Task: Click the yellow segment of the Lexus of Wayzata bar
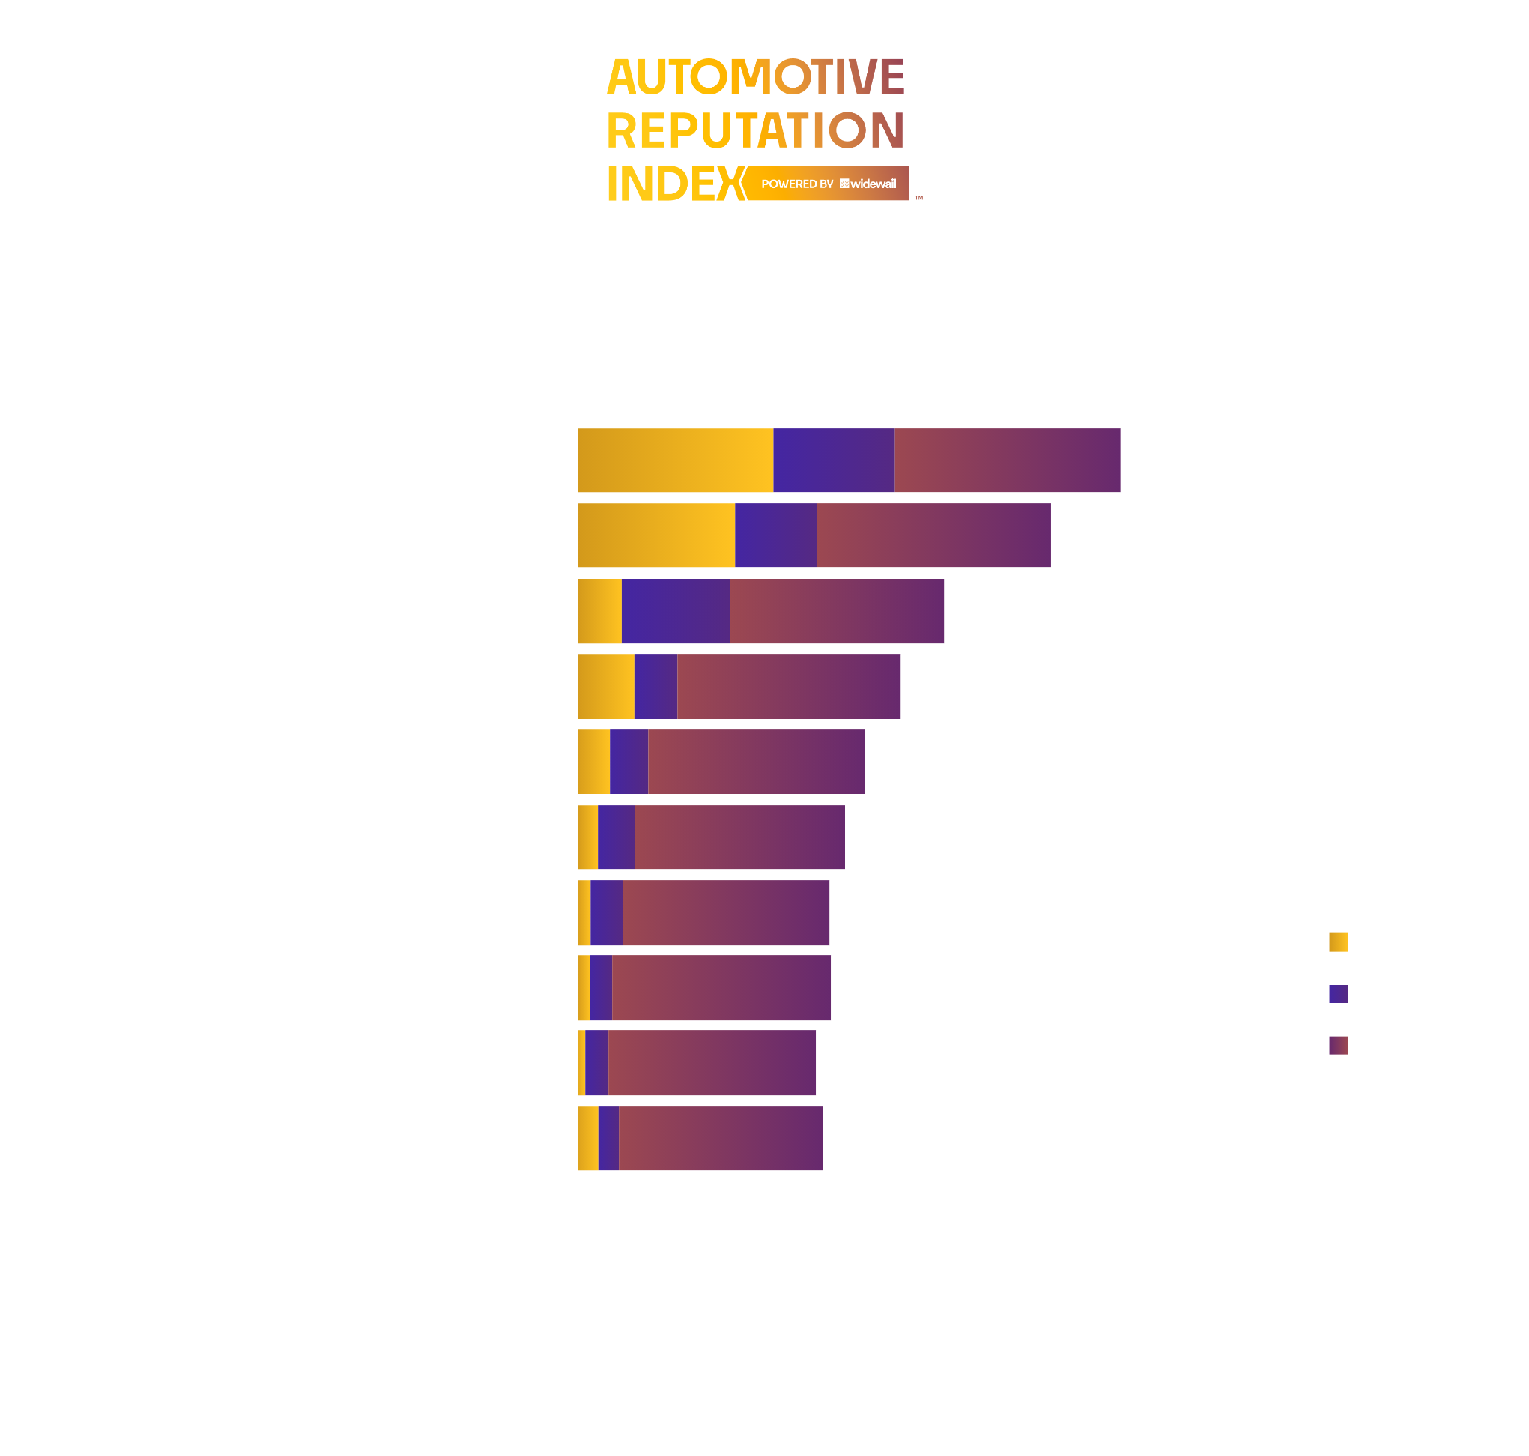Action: [675, 460]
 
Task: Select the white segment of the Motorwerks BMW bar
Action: [1170, 536]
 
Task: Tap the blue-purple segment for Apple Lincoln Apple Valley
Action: [675, 611]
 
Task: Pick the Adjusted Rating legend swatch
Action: [1338, 1046]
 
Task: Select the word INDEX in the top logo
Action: [673, 184]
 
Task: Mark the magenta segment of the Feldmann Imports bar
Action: [725, 913]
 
